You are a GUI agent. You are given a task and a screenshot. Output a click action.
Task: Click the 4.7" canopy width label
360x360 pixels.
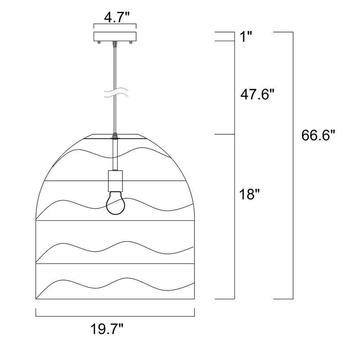point(117,17)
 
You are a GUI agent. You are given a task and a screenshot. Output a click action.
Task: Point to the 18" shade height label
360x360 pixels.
point(249,194)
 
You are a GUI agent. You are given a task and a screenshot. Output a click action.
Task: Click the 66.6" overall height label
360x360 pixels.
point(319,135)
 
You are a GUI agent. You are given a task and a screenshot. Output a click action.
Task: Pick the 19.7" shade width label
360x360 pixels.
point(107,329)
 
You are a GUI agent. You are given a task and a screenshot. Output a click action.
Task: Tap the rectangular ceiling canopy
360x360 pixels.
point(115,36)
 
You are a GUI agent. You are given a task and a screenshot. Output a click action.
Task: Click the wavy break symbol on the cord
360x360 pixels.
point(116,93)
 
